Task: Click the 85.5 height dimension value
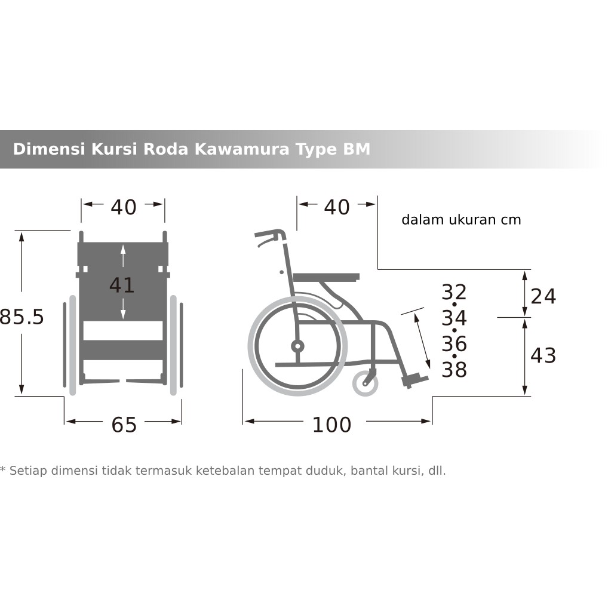click(x=22, y=317)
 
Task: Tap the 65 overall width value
click(x=124, y=425)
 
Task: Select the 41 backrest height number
click(x=122, y=285)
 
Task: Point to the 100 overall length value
click(x=332, y=425)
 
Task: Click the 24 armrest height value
click(x=543, y=296)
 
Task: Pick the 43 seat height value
click(x=543, y=355)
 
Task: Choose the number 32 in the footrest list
click(x=454, y=292)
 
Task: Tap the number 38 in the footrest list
click(x=454, y=369)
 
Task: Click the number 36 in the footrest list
click(x=454, y=343)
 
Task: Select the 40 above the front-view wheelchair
click(x=124, y=207)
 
